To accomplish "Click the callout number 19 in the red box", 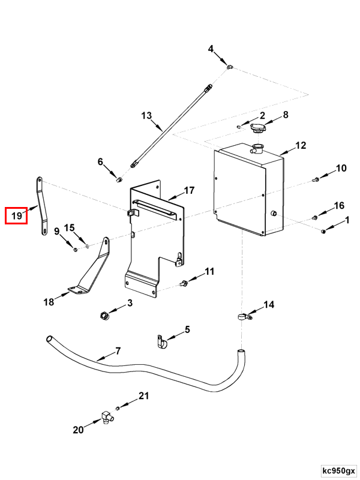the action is click(17, 216).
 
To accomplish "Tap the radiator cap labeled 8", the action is click(256, 128).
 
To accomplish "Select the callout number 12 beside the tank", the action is click(301, 145).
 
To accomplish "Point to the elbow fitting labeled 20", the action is click(106, 417).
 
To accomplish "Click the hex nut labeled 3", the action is click(104, 315).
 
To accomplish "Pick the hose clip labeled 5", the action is click(161, 341).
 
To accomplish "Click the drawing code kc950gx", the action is click(338, 470).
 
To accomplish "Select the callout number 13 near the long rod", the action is click(146, 116).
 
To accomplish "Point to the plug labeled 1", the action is click(323, 231).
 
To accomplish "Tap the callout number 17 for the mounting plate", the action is click(189, 190).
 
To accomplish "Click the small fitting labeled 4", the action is click(230, 66).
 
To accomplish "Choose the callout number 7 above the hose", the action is click(118, 351).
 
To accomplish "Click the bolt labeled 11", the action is click(184, 283).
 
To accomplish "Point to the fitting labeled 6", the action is click(119, 179).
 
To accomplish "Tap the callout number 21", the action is click(143, 396).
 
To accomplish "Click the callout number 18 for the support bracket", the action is click(49, 302).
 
